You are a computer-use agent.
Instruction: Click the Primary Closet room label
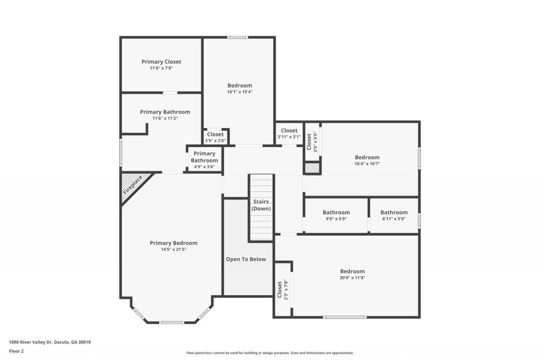point(161,62)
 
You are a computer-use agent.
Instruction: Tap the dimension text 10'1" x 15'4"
point(239,92)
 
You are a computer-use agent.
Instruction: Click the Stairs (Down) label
point(261,205)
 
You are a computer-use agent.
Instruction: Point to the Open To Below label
point(246,259)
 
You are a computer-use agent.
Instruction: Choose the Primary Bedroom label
point(173,243)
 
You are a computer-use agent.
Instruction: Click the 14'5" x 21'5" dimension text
point(173,249)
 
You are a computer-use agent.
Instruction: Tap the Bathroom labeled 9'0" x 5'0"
point(336,212)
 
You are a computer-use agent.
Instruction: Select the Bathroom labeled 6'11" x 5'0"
point(394,212)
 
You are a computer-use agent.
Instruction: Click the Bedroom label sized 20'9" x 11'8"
point(352,271)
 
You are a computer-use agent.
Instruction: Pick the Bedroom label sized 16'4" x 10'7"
point(367,157)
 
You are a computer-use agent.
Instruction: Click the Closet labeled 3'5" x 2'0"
point(215,134)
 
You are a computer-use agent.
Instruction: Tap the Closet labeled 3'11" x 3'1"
point(289,131)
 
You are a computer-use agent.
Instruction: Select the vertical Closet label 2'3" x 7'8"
point(279,289)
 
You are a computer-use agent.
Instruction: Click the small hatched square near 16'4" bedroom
point(312,168)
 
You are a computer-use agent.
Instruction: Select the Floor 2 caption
point(16,351)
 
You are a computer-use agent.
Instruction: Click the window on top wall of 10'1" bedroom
point(238,37)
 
